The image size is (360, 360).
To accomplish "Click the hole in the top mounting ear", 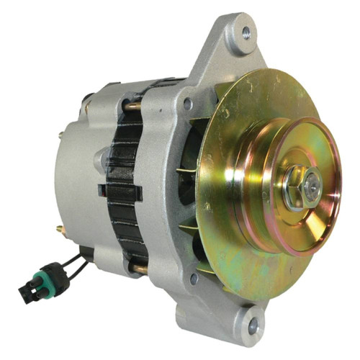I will (x=247, y=32).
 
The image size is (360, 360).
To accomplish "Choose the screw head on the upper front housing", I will (x=187, y=104).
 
